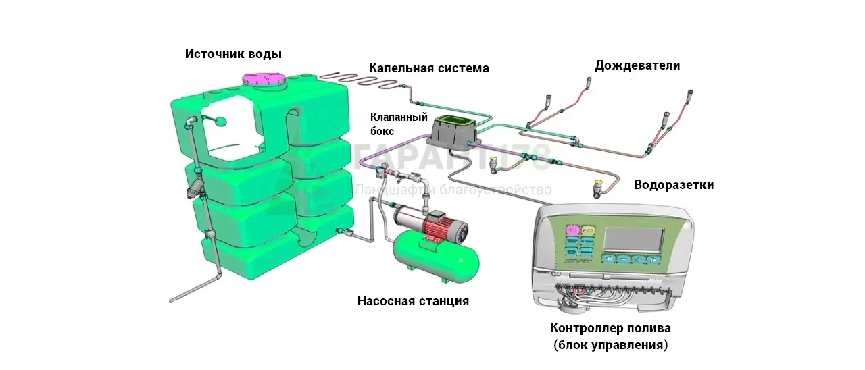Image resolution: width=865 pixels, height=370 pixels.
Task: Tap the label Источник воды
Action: click(x=233, y=54)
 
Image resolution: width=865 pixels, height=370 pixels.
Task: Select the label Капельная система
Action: click(x=428, y=68)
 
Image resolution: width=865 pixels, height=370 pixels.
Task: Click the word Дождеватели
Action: click(x=637, y=65)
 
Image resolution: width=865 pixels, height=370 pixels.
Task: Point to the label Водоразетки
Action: click(x=673, y=185)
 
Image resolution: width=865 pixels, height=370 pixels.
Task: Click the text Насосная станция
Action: click(x=413, y=301)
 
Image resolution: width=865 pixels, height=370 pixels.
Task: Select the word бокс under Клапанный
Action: click(x=382, y=131)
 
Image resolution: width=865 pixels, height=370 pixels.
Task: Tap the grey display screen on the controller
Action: click(x=633, y=238)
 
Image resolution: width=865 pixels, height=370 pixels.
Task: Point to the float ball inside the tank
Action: click(x=222, y=122)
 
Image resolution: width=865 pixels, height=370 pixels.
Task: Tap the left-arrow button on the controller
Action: click(x=608, y=259)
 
